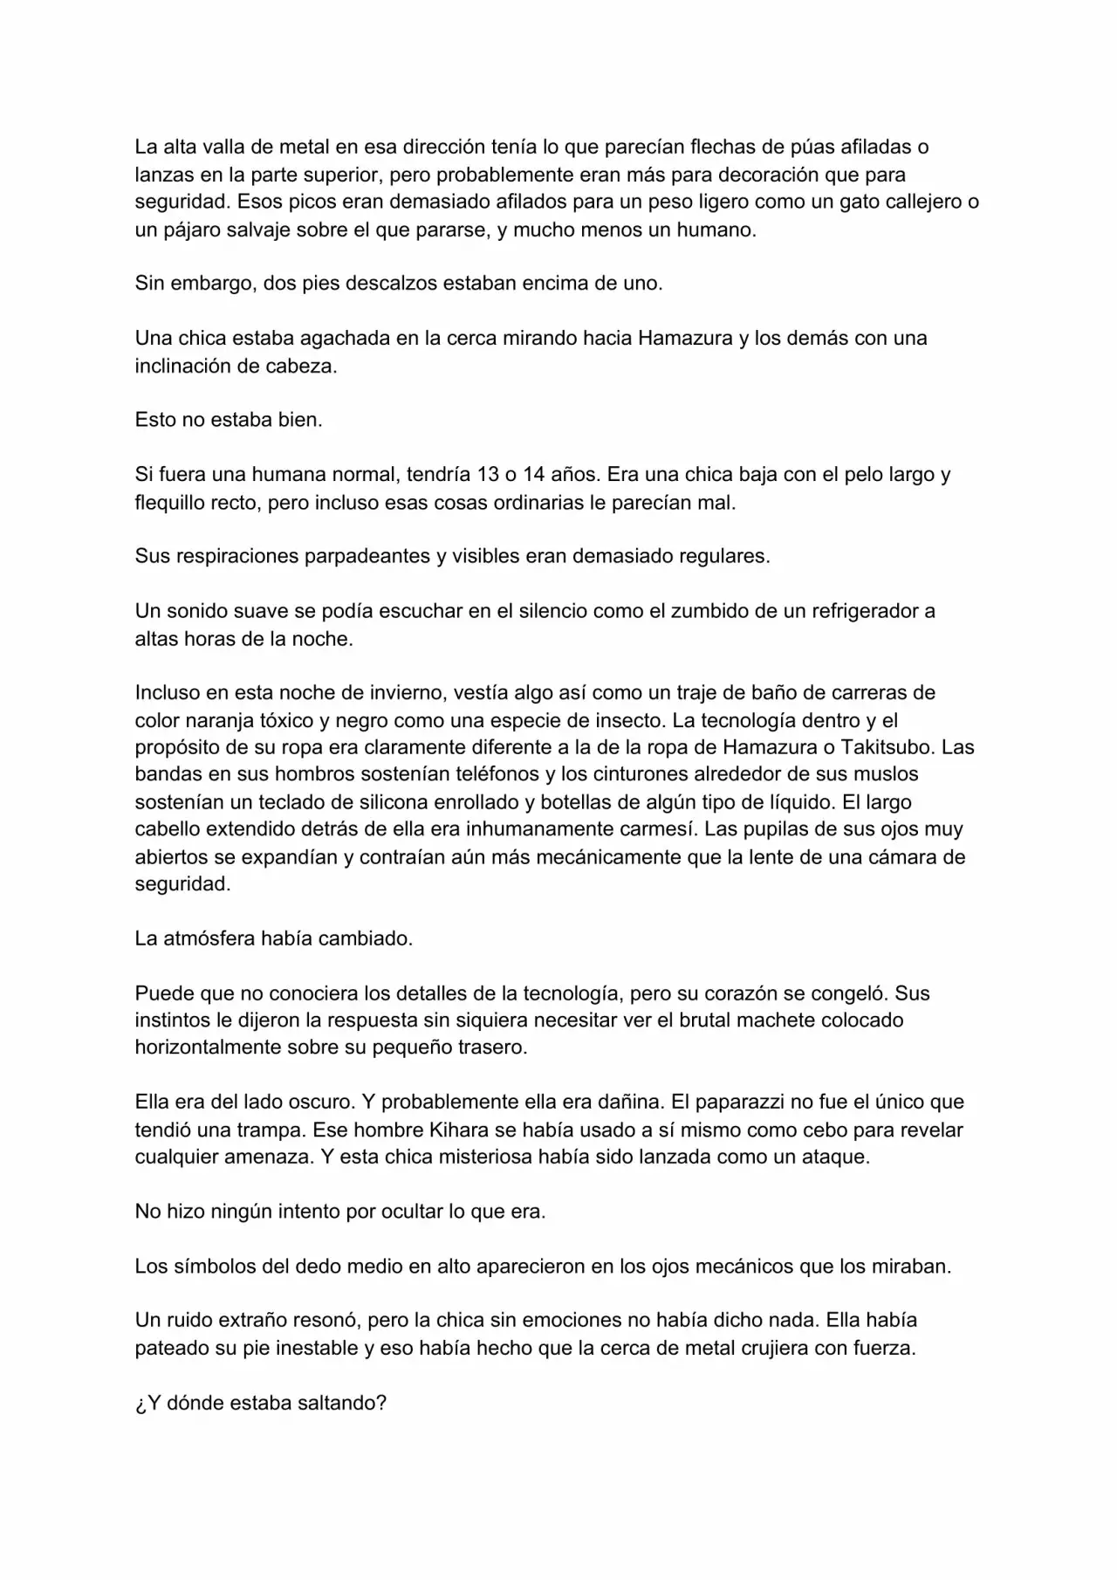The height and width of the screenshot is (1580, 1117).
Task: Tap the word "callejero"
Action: [x=919, y=202]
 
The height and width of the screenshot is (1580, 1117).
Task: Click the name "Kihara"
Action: [x=459, y=1130]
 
